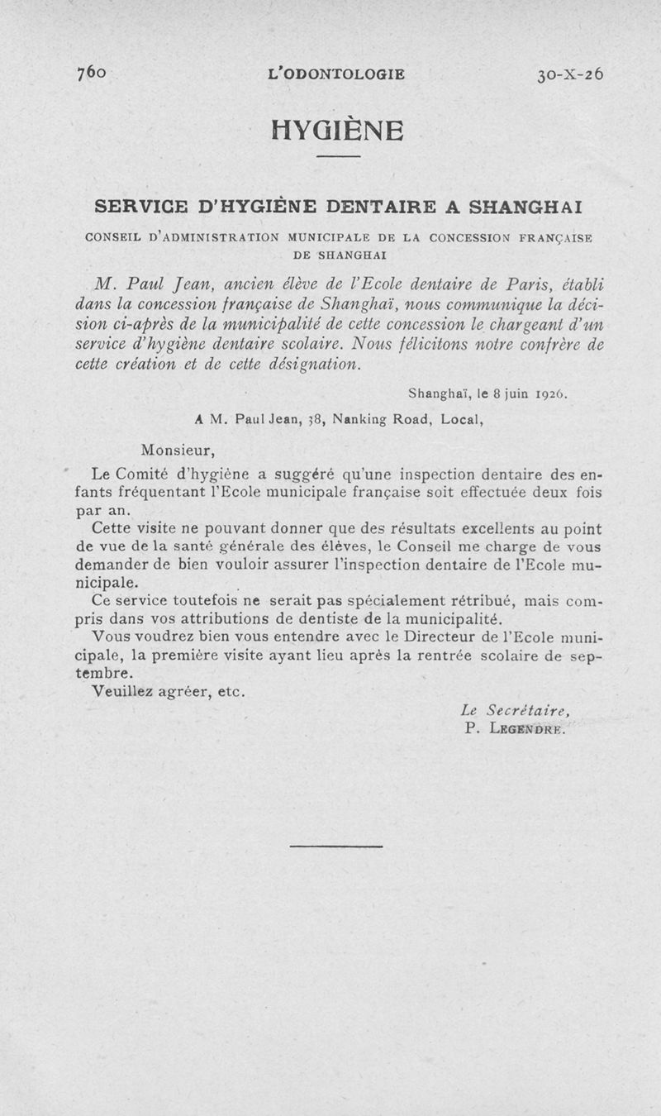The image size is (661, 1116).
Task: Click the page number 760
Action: point(92,73)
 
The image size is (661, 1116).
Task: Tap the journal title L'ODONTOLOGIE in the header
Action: point(336,74)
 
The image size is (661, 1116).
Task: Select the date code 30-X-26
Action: point(570,73)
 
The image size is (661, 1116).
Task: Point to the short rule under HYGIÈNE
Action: point(338,157)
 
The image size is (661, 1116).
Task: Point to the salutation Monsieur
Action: point(178,451)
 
